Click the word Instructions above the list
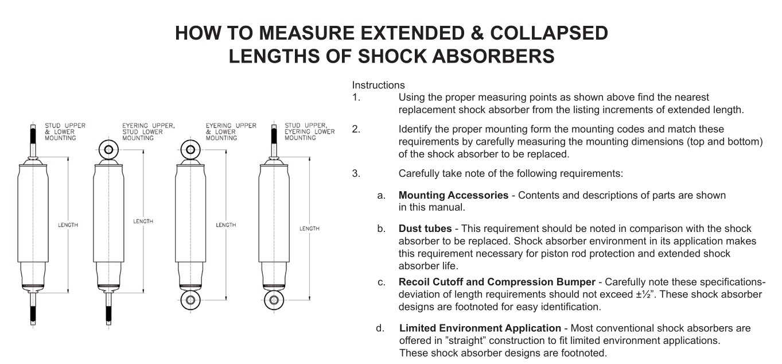click(x=379, y=85)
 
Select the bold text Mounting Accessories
click(x=453, y=195)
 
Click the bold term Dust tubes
click(x=425, y=229)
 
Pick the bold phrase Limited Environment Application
click(x=480, y=328)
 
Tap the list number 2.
click(x=356, y=129)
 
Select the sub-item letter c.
click(x=381, y=282)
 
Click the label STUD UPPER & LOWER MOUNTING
click(x=60, y=131)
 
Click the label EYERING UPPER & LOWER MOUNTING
click(x=231, y=131)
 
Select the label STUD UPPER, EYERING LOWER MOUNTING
click(x=309, y=131)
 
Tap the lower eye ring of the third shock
click(x=190, y=300)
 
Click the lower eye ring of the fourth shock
click(x=274, y=300)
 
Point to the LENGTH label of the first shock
click(x=68, y=225)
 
